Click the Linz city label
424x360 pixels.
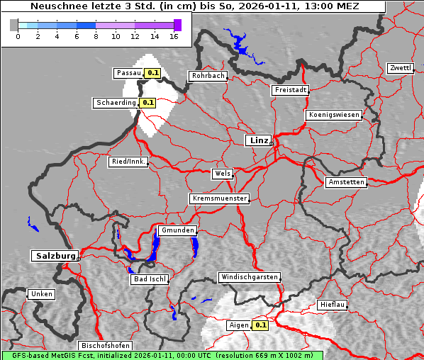(x=258, y=140)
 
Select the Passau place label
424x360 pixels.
(x=128, y=73)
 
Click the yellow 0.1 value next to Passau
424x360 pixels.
(x=153, y=73)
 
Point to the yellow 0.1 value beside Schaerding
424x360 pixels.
(x=147, y=103)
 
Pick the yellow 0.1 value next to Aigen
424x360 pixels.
(x=260, y=326)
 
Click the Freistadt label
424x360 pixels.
(x=290, y=90)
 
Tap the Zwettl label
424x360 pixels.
(x=400, y=68)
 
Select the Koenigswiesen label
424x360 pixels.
(x=333, y=115)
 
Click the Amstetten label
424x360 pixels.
(x=346, y=182)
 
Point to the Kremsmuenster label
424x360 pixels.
(x=220, y=198)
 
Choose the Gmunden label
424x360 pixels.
(x=177, y=231)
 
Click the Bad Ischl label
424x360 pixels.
(x=150, y=279)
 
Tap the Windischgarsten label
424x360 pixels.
(x=249, y=277)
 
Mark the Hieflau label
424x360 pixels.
(x=333, y=304)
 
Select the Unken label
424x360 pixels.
(x=40, y=293)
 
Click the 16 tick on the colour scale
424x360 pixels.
(x=173, y=35)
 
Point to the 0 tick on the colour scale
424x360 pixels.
(x=18, y=35)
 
